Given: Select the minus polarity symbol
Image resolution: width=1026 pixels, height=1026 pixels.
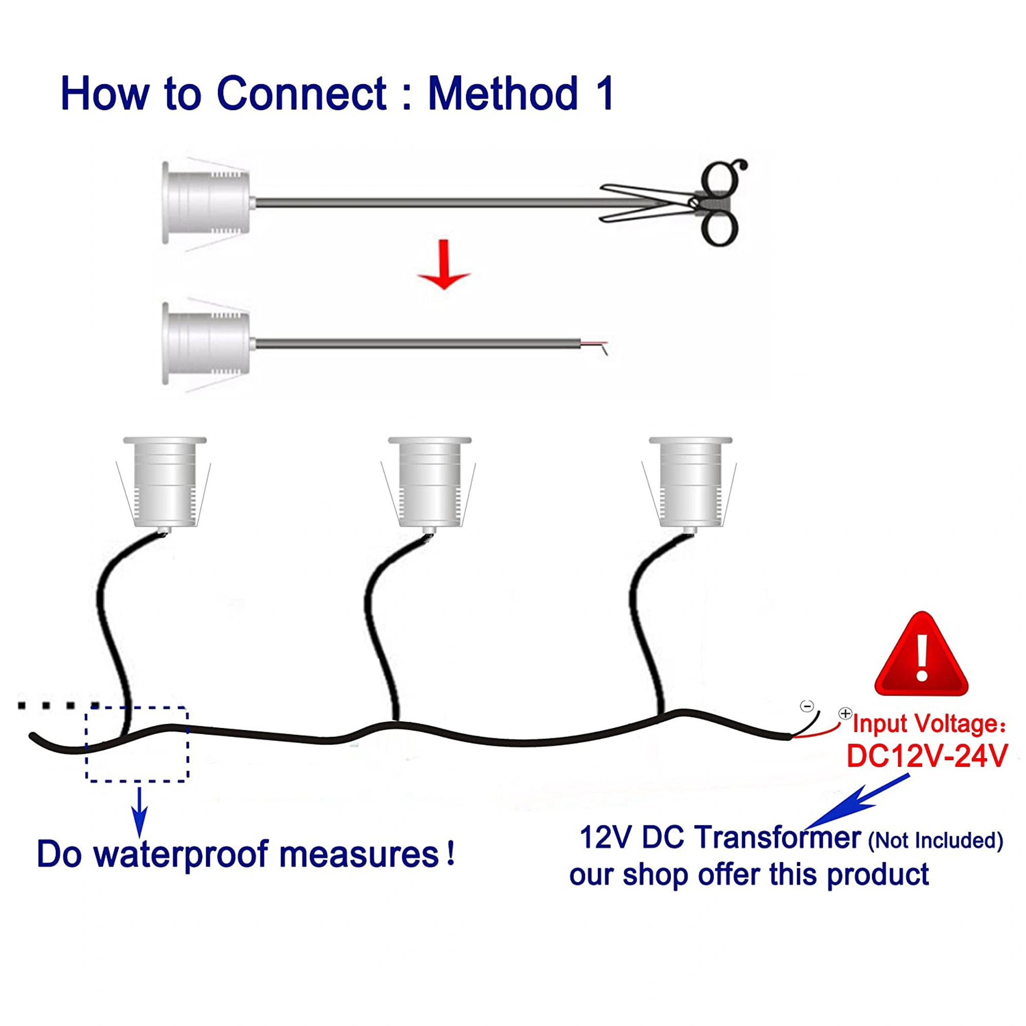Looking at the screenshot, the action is click(806, 706).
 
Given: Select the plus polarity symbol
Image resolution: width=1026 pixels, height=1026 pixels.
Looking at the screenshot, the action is click(845, 714).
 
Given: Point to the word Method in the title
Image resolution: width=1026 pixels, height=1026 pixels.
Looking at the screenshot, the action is click(503, 93).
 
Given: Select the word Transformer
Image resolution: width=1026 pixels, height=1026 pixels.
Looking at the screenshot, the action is click(778, 839).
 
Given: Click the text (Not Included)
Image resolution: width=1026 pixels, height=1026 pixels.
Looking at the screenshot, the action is click(935, 841).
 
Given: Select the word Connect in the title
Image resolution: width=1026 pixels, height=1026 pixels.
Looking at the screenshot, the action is click(302, 93).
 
